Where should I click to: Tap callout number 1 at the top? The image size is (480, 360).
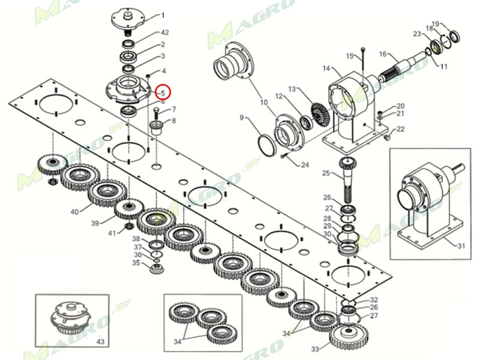(x=163, y=15)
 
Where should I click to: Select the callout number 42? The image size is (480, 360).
(x=164, y=32)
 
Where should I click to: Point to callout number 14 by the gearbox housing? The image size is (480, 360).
(x=326, y=69)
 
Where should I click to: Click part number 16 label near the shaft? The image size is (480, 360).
(x=382, y=55)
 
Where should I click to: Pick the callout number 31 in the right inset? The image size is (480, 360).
(x=460, y=246)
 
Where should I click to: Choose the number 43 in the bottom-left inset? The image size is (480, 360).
(x=100, y=341)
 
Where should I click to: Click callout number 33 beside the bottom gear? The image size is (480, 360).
(x=316, y=349)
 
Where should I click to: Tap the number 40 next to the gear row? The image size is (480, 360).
(x=74, y=212)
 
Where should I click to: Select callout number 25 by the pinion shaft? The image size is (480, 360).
(x=326, y=173)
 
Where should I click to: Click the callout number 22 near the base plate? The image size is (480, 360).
(x=400, y=129)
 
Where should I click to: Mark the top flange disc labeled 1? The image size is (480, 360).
(x=127, y=17)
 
